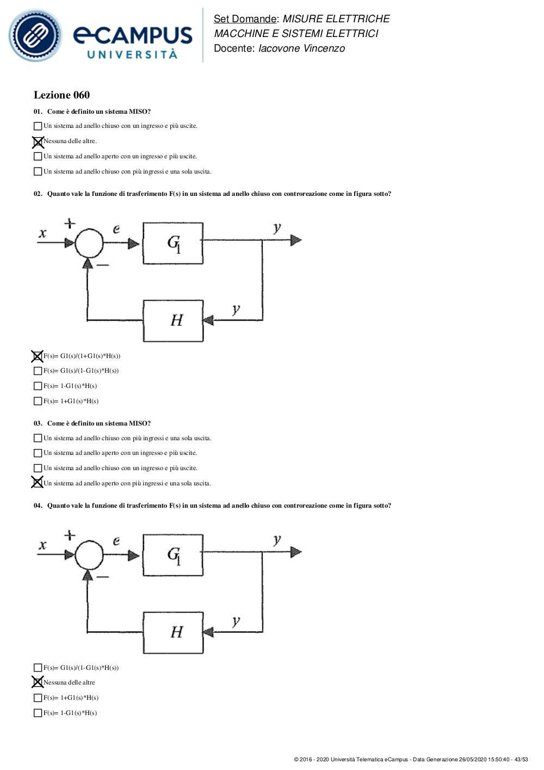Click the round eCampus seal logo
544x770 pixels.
coord(35,35)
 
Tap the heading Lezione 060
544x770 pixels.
coord(61,95)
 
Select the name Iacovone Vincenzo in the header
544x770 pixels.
coord(301,48)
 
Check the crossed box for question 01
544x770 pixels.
coord(38,141)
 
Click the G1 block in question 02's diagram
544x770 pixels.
coord(173,243)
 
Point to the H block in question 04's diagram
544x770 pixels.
coord(173,632)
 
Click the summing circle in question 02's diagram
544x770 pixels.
coord(89,243)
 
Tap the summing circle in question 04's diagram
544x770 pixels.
coord(89,555)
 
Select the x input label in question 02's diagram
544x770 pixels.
coord(42,233)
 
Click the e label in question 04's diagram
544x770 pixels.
coord(116,541)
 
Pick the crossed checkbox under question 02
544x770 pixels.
coord(38,356)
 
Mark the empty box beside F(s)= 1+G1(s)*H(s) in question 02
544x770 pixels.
coord(38,401)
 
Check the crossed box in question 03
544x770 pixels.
coord(38,482)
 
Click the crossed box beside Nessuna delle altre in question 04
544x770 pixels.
coord(38,682)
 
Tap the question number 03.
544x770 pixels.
coord(38,423)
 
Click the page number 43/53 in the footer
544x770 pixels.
coord(521,759)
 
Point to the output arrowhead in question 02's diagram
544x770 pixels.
coord(296,240)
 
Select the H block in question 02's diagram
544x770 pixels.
coord(173,321)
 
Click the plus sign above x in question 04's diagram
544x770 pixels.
coord(70,535)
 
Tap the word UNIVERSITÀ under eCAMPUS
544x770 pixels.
coord(133,54)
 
